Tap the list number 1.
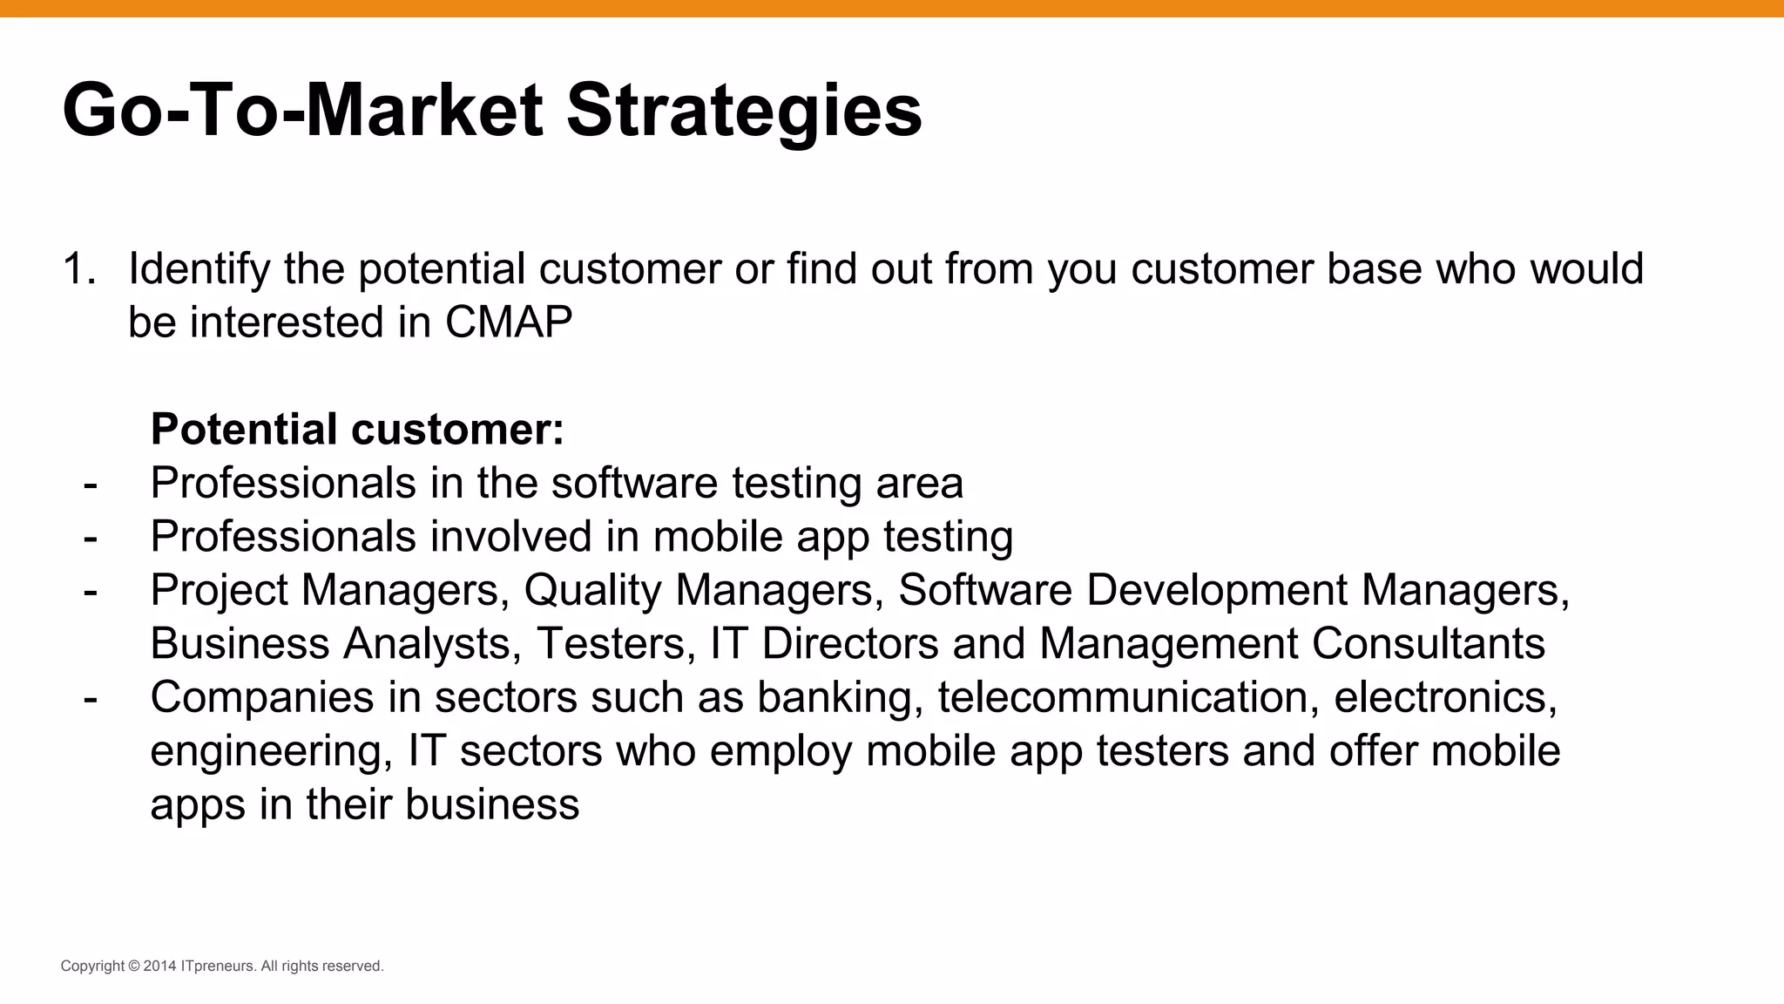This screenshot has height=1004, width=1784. (78, 268)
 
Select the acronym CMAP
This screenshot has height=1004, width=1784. (508, 322)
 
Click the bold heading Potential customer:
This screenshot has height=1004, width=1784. (357, 429)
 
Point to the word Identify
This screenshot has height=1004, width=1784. (199, 268)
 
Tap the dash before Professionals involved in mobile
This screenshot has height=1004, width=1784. (91, 537)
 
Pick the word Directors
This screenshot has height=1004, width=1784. (849, 644)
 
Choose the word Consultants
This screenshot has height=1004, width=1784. (1428, 644)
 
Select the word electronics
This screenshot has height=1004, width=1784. (1444, 697)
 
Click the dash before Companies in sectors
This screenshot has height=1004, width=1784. (91, 697)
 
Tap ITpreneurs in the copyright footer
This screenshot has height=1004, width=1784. (218, 966)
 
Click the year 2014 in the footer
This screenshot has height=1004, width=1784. (159, 966)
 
